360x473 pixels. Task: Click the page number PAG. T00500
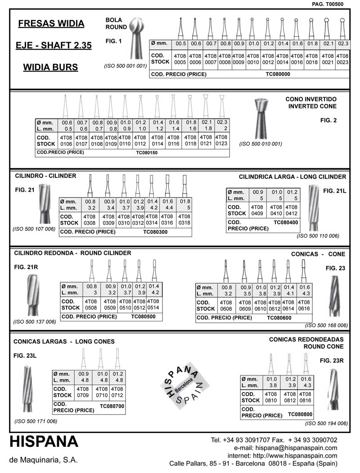coord(328,4)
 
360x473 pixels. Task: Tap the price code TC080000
coord(278,74)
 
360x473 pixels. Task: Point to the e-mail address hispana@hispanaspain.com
coord(296,448)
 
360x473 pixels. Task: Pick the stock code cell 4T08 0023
coord(342,59)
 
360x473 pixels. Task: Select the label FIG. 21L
coord(335,191)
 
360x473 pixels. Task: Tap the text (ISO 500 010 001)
coord(261,144)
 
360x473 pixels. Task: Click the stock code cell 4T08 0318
coord(184,219)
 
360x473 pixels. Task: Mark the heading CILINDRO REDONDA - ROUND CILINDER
coord(73,253)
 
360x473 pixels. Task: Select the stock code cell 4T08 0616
coord(304,306)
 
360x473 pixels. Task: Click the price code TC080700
coord(112,406)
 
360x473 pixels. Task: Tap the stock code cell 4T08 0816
coord(306,397)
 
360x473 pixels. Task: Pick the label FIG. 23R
coord(332,360)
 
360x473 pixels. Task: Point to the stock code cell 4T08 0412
coord(292,210)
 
